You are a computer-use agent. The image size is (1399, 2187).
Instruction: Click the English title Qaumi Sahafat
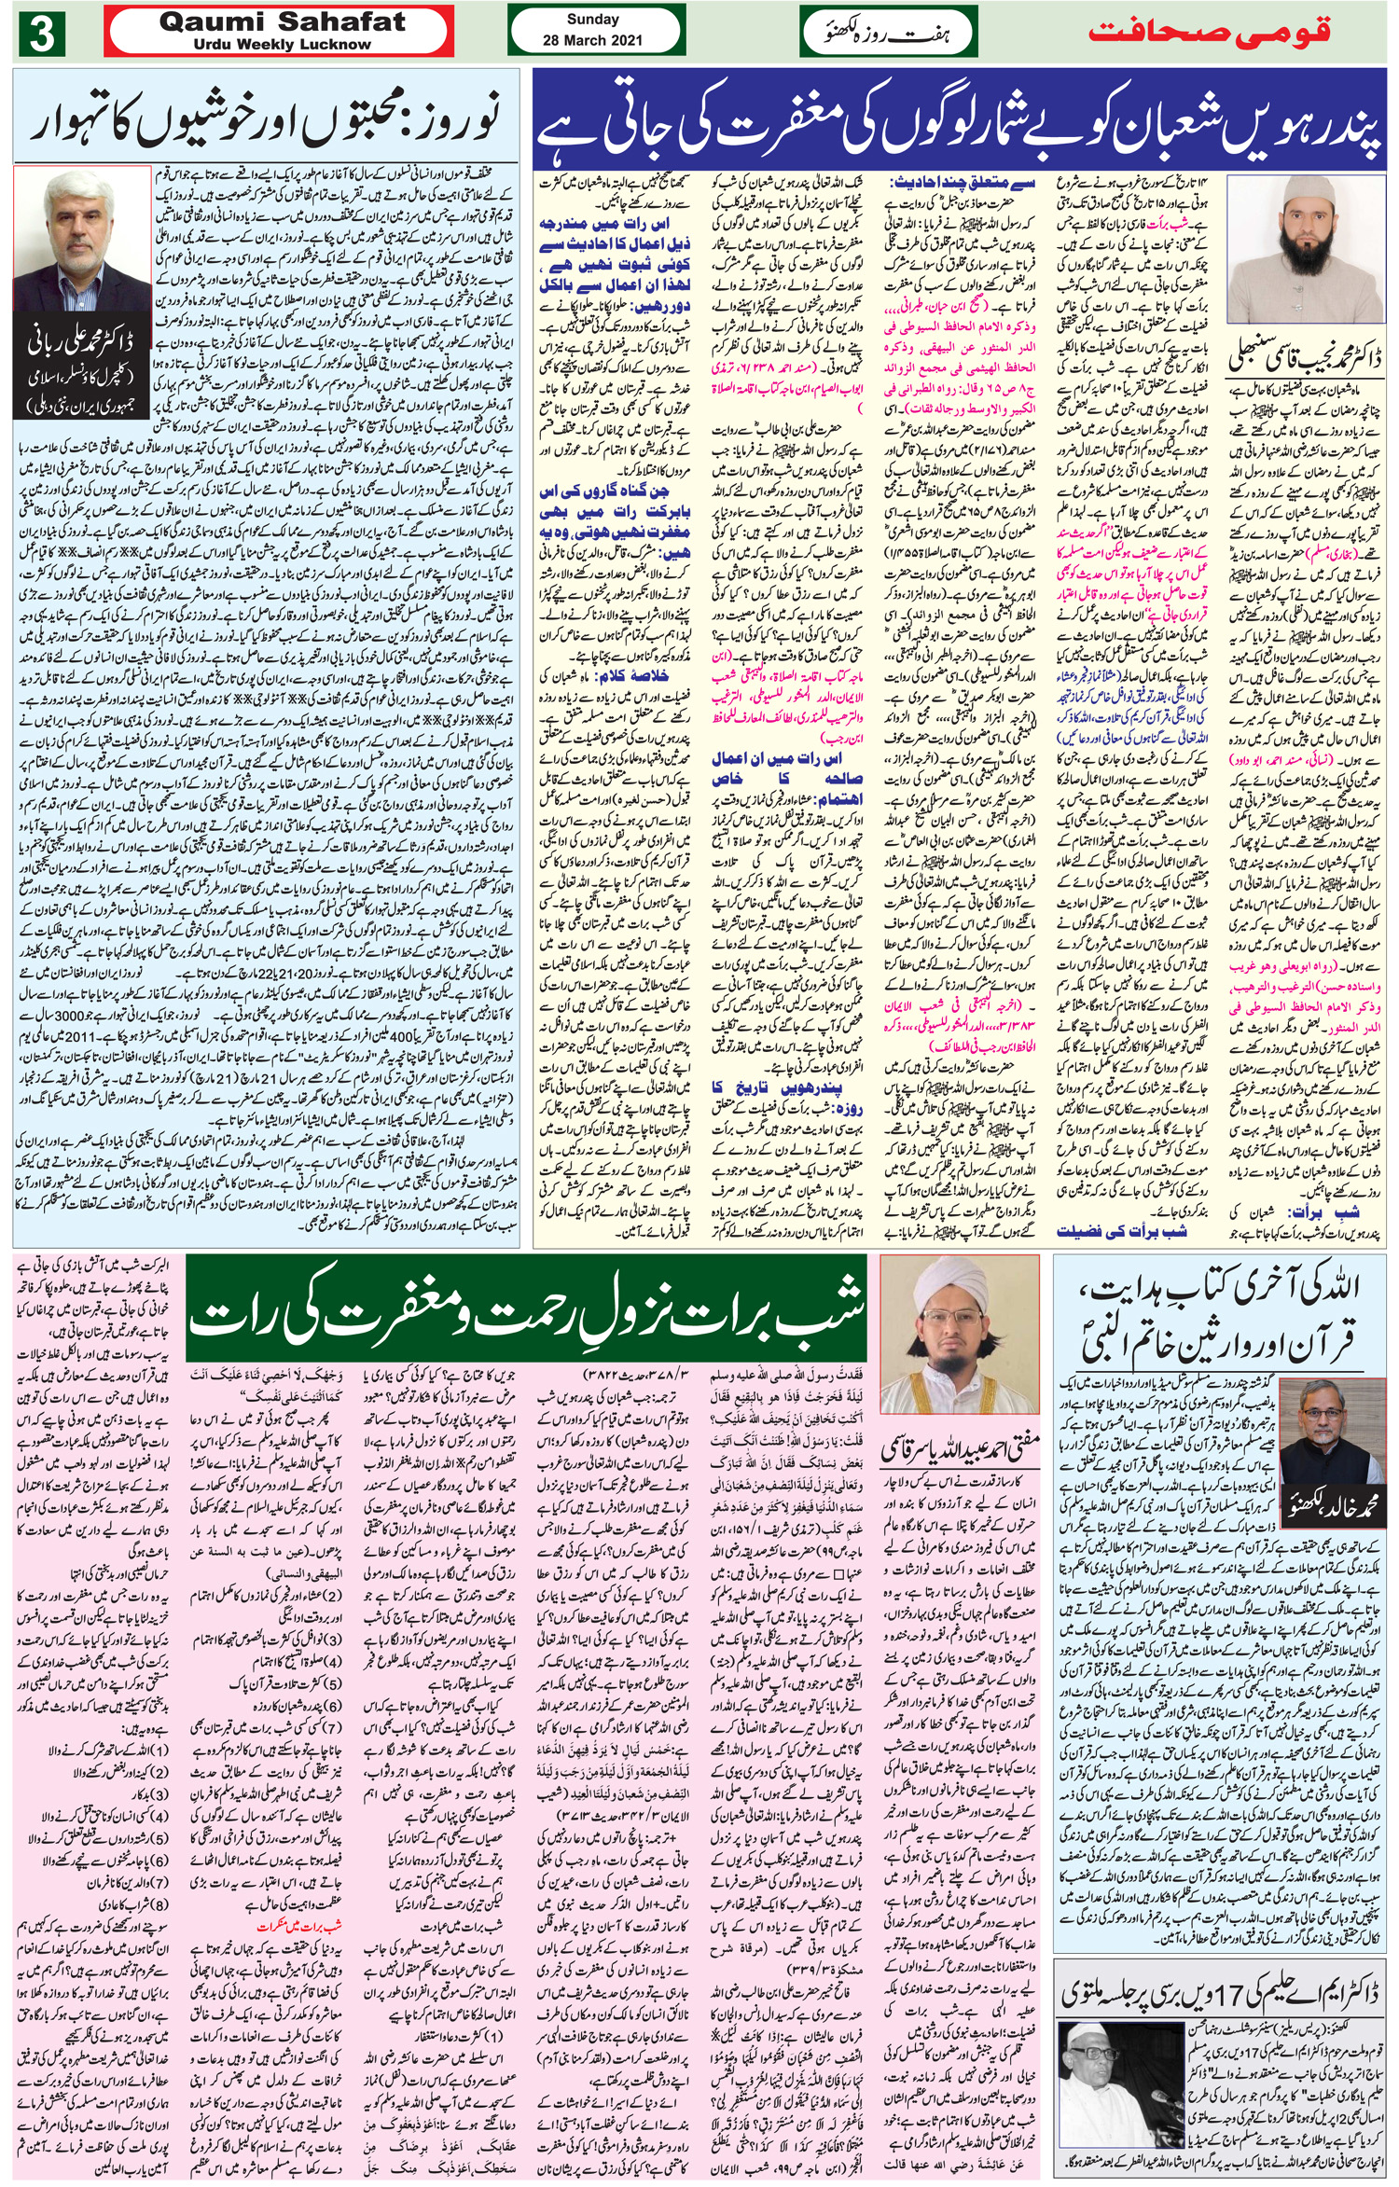pos(282,21)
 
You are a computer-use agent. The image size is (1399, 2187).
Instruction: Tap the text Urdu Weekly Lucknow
pos(283,44)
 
